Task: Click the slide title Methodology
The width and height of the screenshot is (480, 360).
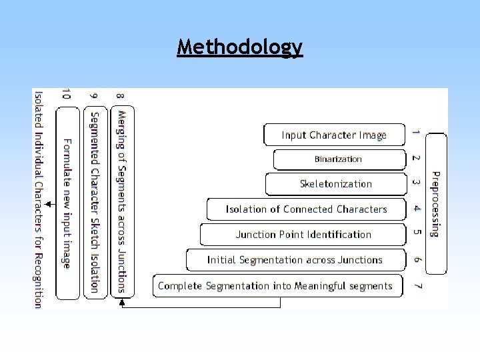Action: coord(239,47)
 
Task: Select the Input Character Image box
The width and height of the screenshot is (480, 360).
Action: coord(334,135)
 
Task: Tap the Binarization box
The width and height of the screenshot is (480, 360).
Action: coord(339,159)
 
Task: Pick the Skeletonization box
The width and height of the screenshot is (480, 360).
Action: coord(335,184)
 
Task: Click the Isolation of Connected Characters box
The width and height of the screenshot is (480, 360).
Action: coord(306,209)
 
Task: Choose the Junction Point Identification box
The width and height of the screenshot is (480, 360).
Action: coord(303,235)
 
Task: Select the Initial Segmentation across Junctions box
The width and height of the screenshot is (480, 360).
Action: coord(295,260)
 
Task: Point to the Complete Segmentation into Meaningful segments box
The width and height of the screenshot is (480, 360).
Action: coord(277,286)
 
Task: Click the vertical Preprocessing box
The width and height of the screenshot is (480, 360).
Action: coord(435,203)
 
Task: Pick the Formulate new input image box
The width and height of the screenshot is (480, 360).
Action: coord(67,203)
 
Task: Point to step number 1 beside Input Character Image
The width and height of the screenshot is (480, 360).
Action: coord(416,133)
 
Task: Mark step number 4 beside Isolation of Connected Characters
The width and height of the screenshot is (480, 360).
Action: coord(417,209)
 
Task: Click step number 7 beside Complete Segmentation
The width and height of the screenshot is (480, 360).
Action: coord(417,286)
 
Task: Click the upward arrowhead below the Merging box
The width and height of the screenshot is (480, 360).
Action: coord(121,302)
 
